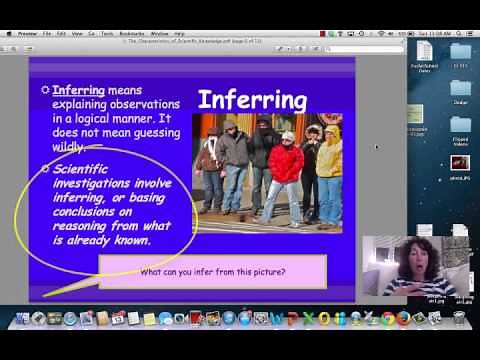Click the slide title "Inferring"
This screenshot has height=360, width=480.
[252, 99]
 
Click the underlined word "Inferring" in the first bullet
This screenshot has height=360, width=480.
[79, 90]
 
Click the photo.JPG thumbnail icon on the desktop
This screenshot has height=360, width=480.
[460, 163]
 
